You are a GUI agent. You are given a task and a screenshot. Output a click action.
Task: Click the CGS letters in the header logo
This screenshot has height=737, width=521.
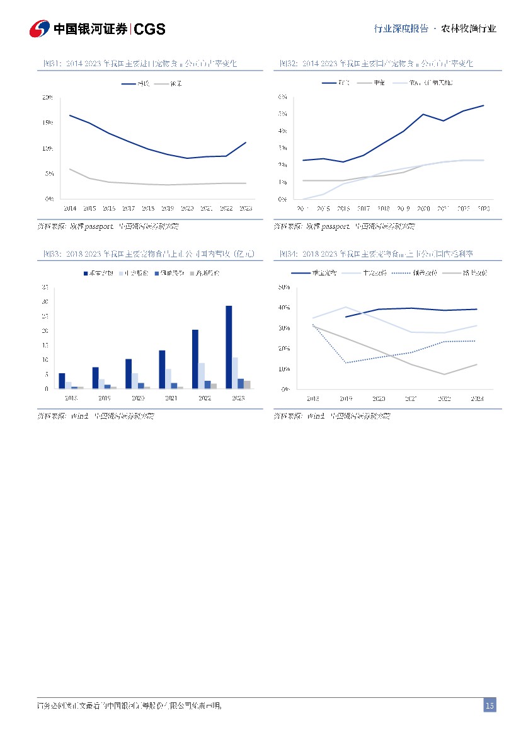(150, 29)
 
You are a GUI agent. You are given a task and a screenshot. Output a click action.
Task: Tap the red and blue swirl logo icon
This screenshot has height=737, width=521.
(40, 29)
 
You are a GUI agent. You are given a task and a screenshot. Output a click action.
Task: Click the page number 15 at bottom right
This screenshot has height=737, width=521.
(490, 705)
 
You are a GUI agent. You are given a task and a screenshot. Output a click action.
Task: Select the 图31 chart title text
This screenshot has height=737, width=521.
(139, 64)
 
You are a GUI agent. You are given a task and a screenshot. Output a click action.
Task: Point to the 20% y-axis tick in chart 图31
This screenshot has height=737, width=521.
(47, 97)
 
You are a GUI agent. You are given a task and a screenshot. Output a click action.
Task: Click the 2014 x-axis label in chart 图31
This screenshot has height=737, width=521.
(70, 207)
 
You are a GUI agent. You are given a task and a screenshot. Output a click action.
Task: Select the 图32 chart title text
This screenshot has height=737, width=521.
(376, 64)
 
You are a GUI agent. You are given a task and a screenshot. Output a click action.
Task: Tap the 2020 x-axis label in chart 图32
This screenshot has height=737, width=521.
(423, 207)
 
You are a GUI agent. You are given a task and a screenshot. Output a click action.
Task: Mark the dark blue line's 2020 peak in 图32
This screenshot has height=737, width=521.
(423, 114)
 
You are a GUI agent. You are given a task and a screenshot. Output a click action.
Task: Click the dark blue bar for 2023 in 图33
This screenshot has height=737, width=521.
(229, 347)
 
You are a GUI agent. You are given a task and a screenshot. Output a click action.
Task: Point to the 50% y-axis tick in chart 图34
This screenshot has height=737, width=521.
(283, 287)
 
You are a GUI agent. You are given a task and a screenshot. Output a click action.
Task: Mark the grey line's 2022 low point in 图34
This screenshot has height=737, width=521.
(444, 374)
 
